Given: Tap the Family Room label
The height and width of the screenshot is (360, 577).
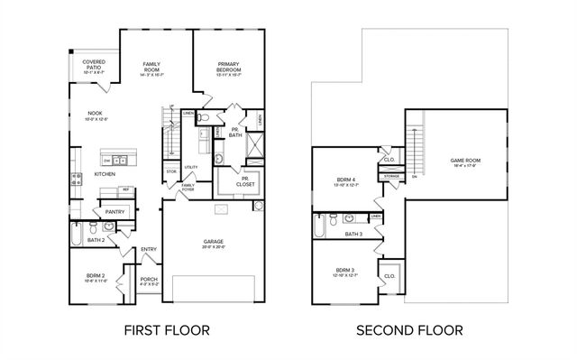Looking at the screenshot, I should pos(151,67).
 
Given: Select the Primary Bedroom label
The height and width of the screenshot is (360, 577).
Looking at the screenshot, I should pos(227,67).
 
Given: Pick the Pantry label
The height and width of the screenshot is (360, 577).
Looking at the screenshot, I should pos(114,211).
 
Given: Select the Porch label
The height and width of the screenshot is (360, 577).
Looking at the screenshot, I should pos(149,282).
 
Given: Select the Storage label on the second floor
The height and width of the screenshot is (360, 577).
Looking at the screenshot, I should pos(391,177).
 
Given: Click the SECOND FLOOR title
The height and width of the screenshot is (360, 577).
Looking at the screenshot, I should pos(409,331).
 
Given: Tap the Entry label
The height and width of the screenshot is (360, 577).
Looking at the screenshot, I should pos(149,250).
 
